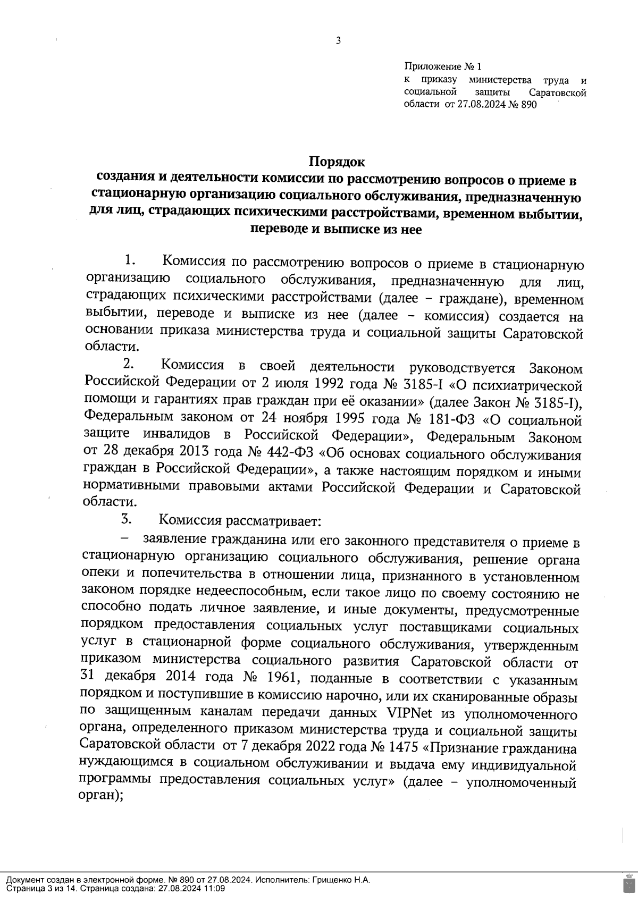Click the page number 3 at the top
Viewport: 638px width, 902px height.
(x=338, y=40)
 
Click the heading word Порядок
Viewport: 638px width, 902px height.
(x=338, y=161)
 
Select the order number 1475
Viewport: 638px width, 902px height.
(x=396, y=748)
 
